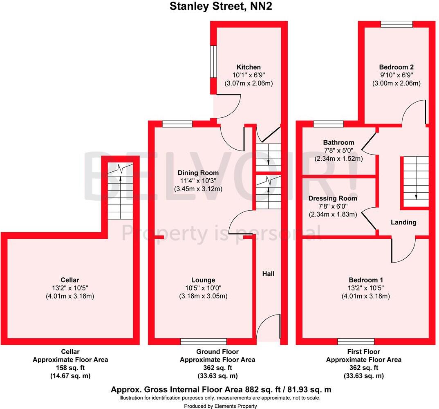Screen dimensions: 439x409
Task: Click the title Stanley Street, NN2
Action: point(219,7)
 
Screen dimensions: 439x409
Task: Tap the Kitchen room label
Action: point(249,67)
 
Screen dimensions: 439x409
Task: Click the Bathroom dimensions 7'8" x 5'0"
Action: point(338,151)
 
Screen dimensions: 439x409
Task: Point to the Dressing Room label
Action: point(333,198)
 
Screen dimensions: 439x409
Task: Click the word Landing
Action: point(403,222)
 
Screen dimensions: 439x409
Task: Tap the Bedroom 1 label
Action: point(365,280)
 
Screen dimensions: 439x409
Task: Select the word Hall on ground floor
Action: point(268,274)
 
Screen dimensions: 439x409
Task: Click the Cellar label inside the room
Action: point(70,280)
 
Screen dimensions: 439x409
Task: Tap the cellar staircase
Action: point(121,192)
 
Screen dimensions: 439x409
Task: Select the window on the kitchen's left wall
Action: point(213,61)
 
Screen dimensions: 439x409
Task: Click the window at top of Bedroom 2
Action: point(396,24)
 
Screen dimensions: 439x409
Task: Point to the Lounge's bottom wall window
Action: point(204,342)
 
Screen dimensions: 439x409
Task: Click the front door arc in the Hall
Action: point(270,327)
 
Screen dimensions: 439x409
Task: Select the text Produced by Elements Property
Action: point(220,406)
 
